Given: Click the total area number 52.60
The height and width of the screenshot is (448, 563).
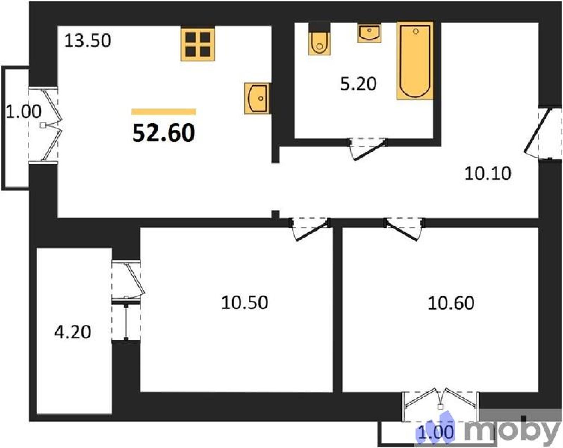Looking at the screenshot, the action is (164, 133).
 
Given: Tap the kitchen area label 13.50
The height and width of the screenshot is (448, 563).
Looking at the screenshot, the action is (88, 41).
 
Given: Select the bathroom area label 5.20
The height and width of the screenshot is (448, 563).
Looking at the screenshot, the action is (358, 84).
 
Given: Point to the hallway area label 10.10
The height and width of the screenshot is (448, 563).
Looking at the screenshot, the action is (488, 173).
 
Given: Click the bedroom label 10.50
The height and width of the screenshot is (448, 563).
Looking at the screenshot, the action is (245, 303).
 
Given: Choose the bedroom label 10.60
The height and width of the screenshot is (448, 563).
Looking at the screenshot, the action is (451, 303).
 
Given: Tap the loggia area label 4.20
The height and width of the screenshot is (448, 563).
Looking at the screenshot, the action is (72, 332).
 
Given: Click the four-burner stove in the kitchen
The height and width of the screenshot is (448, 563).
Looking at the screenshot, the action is (197, 44).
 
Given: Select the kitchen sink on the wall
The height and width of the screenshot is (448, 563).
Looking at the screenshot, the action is (257, 99).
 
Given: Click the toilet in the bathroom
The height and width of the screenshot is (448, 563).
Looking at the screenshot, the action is (319, 39).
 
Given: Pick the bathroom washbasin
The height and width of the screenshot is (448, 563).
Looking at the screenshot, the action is (369, 33).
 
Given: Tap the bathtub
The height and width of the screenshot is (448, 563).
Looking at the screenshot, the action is (415, 61).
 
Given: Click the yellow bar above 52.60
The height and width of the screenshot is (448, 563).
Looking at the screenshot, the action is (164, 112).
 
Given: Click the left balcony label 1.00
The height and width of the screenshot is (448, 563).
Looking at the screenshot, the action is (24, 111).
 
